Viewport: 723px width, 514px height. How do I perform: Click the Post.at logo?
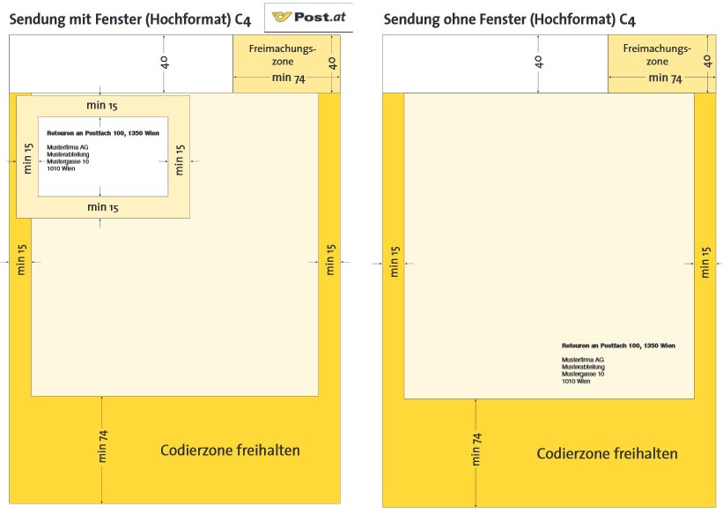[x=308, y=16]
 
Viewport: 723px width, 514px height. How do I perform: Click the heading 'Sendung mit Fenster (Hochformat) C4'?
[x=129, y=19]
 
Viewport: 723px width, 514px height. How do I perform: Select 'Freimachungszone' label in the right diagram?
[x=657, y=55]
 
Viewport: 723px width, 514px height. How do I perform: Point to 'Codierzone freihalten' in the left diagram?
[x=230, y=451]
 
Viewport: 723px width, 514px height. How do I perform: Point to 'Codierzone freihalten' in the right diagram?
[x=607, y=454]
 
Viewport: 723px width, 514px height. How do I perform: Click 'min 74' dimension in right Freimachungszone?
[x=665, y=78]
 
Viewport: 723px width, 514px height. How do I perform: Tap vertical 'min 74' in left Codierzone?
[x=103, y=446]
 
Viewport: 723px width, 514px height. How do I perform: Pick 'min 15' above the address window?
[x=102, y=106]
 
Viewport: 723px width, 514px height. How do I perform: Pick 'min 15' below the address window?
[x=102, y=207]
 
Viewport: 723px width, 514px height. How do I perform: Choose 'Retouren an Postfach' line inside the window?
[x=102, y=132]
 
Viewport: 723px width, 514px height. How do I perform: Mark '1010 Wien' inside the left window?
[x=61, y=168]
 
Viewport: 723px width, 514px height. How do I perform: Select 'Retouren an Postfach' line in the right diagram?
[x=618, y=345]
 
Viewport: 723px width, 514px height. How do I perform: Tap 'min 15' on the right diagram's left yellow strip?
[x=395, y=262]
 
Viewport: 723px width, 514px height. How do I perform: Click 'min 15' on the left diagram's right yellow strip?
[x=330, y=261]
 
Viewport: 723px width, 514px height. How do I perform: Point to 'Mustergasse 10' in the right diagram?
[x=583, y=374]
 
